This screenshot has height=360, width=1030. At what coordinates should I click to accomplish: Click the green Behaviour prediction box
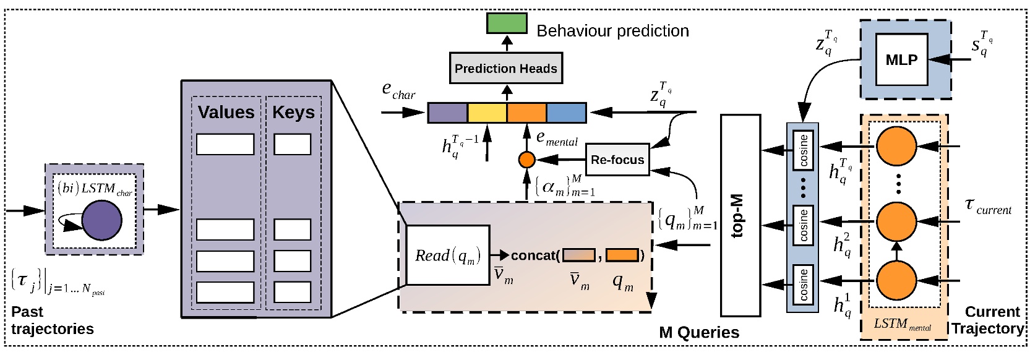coord(507,23)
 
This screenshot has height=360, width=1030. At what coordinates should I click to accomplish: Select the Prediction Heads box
coord(505,69)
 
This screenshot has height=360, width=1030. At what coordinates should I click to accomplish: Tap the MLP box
coord(901,60)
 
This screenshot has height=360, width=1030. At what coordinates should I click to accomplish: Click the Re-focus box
coord(617,160)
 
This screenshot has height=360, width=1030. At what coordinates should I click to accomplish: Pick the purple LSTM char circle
coord(101,220)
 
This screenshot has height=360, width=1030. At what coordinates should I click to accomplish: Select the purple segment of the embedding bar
coord(447,113)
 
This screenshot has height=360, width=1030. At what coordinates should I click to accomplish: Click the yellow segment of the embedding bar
coord(487,113)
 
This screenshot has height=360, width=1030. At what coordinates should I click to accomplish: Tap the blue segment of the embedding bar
coord(566,113)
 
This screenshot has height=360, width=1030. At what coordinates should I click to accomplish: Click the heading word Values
coord(226,113)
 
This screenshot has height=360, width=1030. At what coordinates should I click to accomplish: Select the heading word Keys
coord(293,113)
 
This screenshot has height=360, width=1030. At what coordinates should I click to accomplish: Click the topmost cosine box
coord(803,150)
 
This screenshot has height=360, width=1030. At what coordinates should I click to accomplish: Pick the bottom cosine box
coord(803,285)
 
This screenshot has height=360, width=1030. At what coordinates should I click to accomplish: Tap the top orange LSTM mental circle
coord(896,147)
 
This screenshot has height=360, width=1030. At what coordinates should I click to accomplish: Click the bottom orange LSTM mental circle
coord(896,280)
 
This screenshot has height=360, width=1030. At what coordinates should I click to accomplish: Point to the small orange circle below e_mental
coord(526,160)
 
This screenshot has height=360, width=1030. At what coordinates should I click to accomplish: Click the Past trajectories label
coord(52,320)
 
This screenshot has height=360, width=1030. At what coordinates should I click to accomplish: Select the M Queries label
coord(698,333)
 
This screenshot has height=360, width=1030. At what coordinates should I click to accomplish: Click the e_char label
coord(398,91)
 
